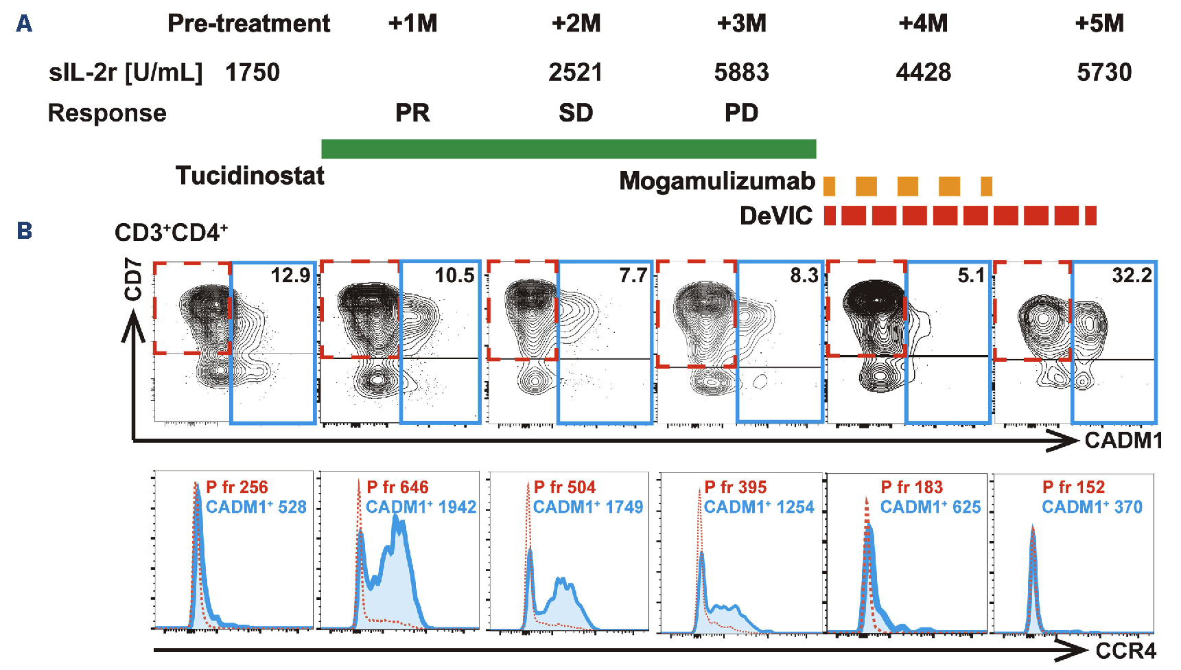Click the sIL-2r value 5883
tap(741, 72)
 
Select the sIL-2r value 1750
tap(253, 72)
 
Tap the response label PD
tap(741, 113)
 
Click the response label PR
tap(412, 113)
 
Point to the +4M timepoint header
tap(923, 24)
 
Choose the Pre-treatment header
tap(248, 24)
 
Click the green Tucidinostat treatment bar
tap(568, 149)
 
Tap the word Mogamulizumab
tap(717, 181)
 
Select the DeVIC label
tap(776, 216)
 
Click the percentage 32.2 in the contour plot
tap(1132, 276)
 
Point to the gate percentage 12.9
tap(290, 276)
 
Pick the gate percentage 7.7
tap(633, 276)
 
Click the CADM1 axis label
tap(1123, 441)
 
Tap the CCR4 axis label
tap(1125, 651)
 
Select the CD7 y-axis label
tap(133, 279)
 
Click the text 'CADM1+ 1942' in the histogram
tap(421, 507)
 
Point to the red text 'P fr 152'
tap(1073, 487)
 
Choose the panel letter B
tap(25, 231)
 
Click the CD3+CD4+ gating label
tap(171, 233)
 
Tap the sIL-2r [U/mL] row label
tap(126, 72)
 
